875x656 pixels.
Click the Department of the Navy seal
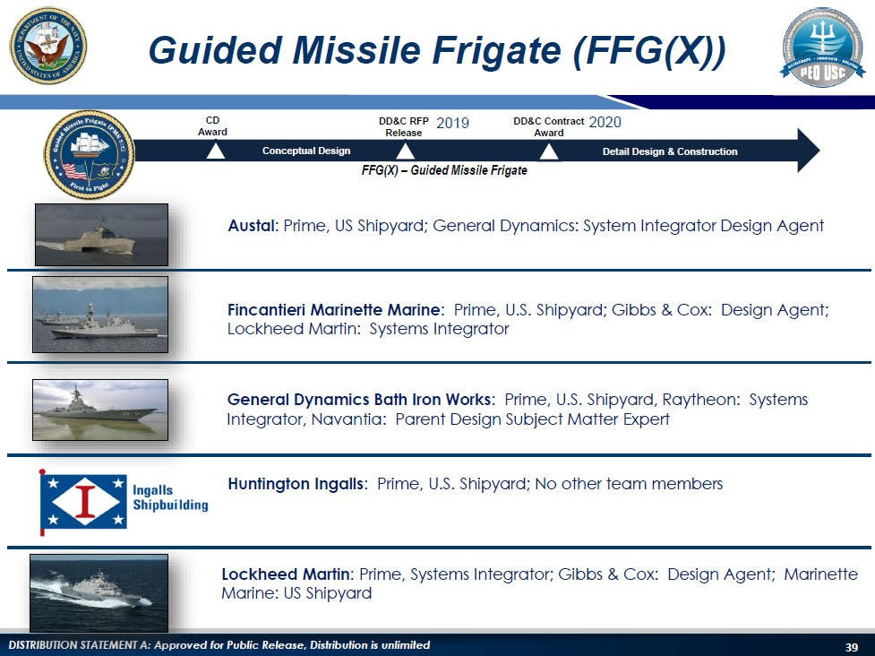point(48,46)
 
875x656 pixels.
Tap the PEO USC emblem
point(822,47)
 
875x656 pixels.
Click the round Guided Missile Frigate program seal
point(89,154)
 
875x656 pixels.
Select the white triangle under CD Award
point(215,152)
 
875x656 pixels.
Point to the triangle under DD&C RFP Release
point(405,152)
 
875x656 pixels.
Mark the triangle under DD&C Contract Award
point(549,152)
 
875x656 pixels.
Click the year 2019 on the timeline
point(452,123)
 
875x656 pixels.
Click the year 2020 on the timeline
point(605,122)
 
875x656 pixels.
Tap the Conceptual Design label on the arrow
point(306,151)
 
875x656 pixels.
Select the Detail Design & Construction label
point(670,151)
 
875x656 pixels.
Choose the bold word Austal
point(252,226)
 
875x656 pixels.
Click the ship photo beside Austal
point(101,234)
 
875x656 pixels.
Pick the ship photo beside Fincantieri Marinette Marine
point(100,315)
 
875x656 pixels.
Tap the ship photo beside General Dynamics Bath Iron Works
point(100,410)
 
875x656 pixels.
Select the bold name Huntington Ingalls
point(296,484)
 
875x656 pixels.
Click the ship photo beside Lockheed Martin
point(99,592)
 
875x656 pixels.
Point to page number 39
point(852,647)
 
